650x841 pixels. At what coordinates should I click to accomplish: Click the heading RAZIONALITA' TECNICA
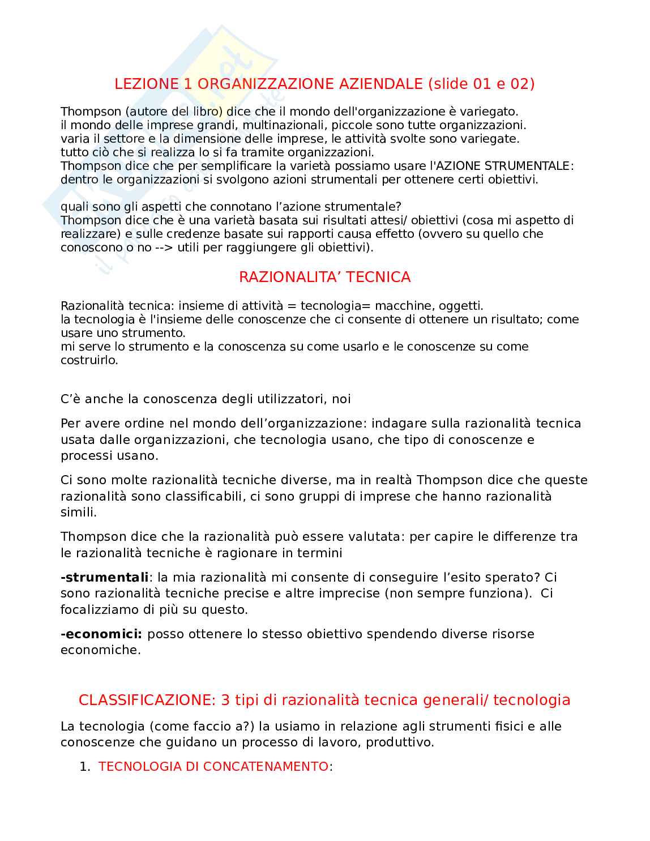pyautogui.click(x=324, y=277)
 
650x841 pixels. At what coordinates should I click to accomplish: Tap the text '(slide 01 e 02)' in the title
pyautogui.click(x=481, y=84)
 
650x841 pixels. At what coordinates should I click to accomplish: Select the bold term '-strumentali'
pyautogui.click(x=104, y=577)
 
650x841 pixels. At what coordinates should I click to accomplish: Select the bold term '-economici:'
pyautogui.click(x=101, y=634)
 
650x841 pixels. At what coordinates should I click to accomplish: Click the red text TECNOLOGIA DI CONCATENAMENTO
pyautogui.click(x=213, y=766)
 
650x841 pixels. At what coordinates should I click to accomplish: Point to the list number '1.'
pyautogui.click(x=85, y=766)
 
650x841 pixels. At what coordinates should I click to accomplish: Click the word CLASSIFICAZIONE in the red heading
pyautogui.click(x=147, y=700)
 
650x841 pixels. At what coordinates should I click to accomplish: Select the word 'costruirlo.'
pyautogui.click(x=89, y=360)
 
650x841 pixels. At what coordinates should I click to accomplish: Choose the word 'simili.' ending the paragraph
pyautogui.click(x=79, y=512)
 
